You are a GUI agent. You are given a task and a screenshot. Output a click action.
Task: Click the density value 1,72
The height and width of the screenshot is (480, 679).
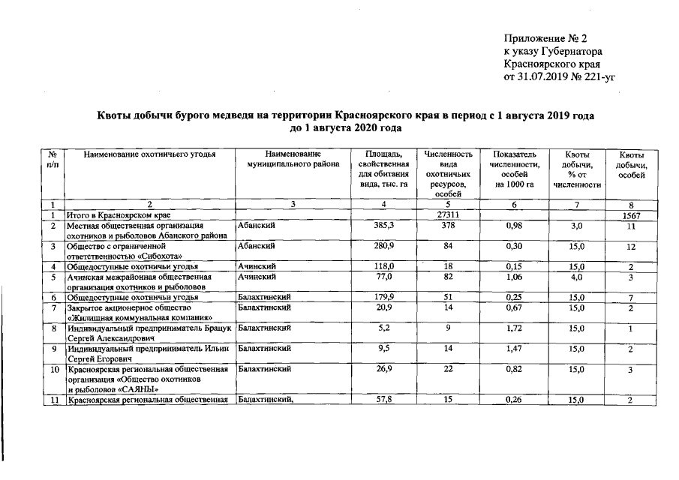(513, 328)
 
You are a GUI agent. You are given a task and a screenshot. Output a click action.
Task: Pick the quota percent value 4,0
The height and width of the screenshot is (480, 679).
(576, 277)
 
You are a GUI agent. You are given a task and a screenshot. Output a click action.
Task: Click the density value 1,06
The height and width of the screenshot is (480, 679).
(513, 277)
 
